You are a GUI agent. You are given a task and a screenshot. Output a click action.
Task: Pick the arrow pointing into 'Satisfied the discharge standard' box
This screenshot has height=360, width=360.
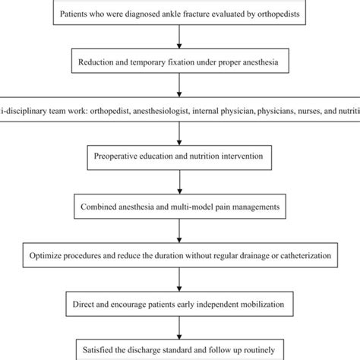click(179, 328)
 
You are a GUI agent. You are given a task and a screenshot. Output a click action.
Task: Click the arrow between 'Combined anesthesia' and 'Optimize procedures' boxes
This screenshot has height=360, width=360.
click(179, 231)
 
